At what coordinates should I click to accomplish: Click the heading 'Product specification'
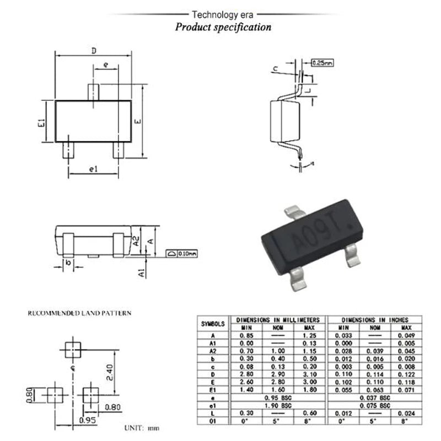coord(223,26)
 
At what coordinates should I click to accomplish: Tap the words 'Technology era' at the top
coord(222,14)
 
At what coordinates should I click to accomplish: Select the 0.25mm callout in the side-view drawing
coord(322,63)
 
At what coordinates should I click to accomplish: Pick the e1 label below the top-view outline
coord(93,169)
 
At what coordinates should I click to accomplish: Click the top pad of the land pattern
coord(73,348)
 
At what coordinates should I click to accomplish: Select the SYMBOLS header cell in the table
coord(213,324)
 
